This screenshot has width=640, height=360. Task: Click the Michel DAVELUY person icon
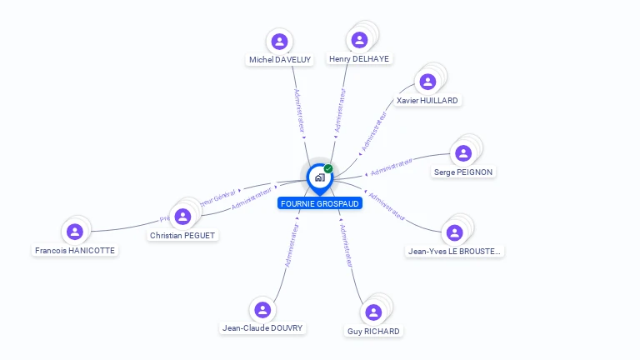[x=279, y=41]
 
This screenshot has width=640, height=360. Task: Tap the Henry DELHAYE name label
[x=359, y=59]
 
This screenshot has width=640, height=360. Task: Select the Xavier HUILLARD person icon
[x=427, y=82]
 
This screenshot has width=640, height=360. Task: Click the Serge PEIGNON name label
[x=463, y=172]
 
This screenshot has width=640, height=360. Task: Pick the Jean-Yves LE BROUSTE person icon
[x=454, y=232]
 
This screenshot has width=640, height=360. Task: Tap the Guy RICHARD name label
[x=373, y=332]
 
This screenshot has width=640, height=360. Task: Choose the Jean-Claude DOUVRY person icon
[x=262, y=310]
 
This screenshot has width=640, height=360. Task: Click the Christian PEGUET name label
[x=182, y=236]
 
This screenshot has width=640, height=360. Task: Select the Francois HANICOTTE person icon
[x=75, y=232]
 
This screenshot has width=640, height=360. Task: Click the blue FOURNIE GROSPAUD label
[x=320, y=203]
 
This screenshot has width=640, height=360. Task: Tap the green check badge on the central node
[x=328, y=169]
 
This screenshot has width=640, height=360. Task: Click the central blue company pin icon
[x=318, y=177]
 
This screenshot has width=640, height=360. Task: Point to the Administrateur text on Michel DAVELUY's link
[x=299, y=111]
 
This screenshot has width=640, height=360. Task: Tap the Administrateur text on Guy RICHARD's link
[x=347, y=244]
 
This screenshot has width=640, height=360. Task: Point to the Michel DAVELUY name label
[x=280, y=60]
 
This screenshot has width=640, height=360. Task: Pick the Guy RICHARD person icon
[x=373, y=312]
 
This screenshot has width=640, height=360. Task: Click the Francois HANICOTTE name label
[x=75, y=251]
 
